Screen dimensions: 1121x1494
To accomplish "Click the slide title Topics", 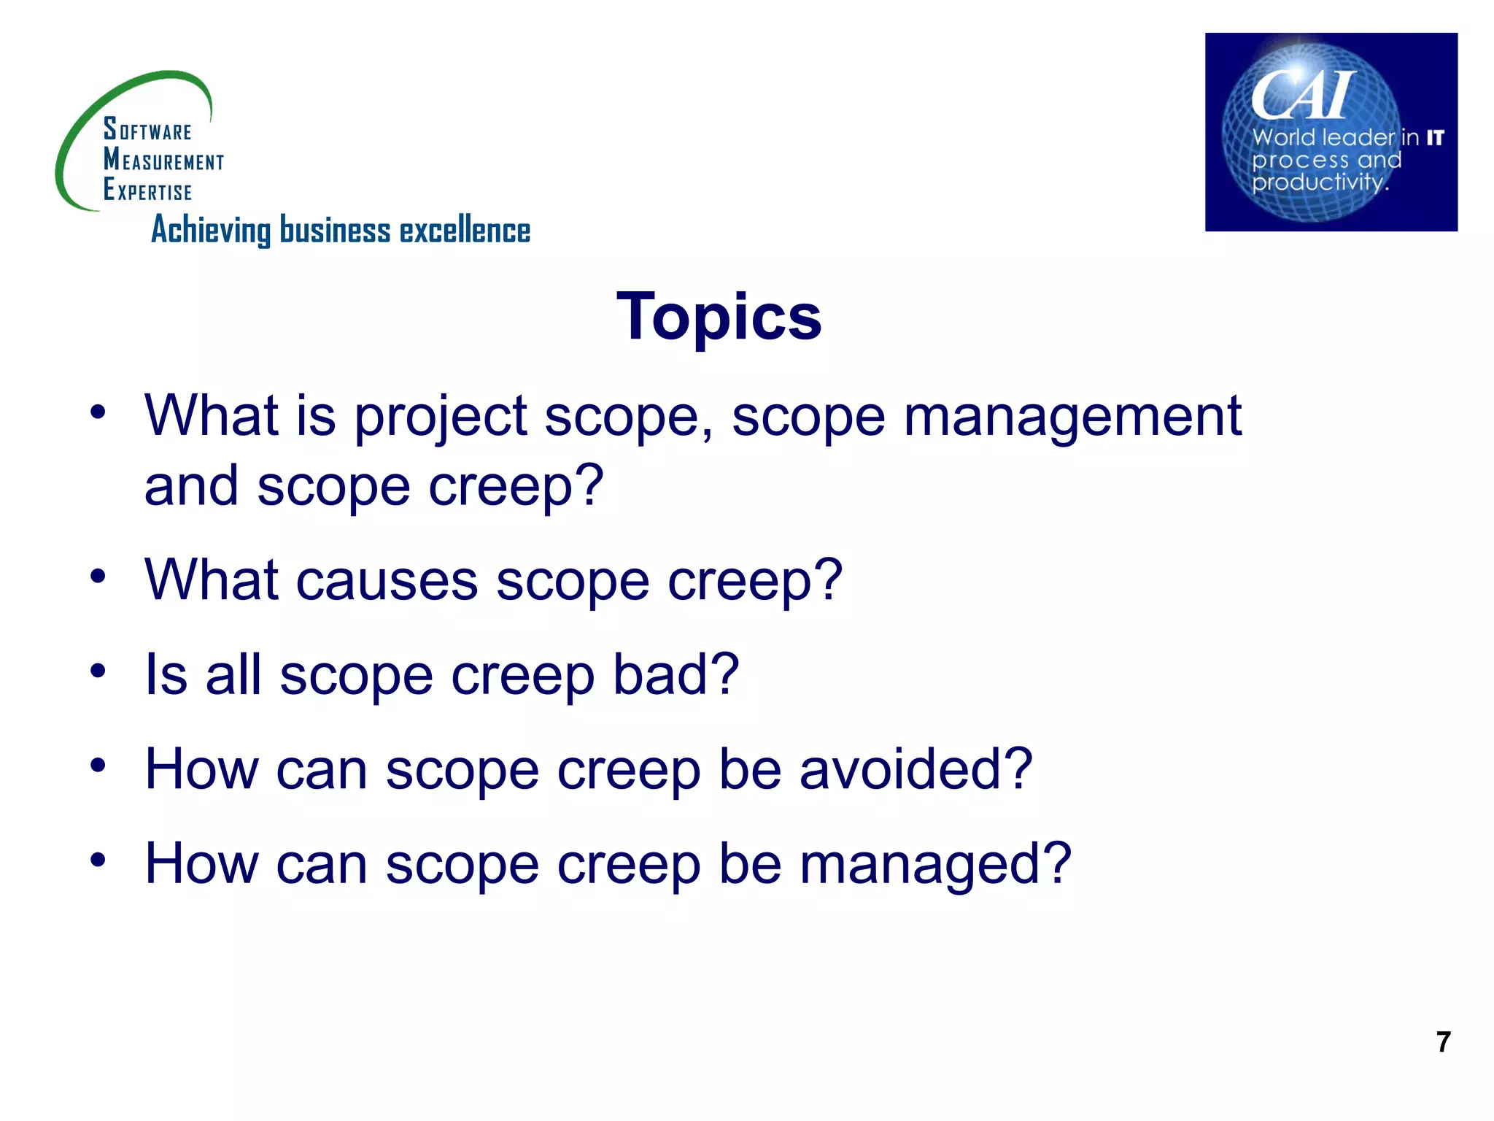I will click(x=719, y=317).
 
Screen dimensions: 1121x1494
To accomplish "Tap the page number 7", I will click(x=1443, y=1041).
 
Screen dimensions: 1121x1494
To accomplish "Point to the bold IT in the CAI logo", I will click(x=1435, y=138).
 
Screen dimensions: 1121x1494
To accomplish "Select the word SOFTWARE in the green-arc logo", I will click(x=147, y=130).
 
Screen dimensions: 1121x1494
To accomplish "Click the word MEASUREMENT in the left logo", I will click(x=163, y=160).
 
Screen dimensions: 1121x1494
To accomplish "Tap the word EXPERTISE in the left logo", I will click(x=147, y=190).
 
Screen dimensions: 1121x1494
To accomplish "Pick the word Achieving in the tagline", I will click(x=211, y=231).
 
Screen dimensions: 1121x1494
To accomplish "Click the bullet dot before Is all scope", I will click(x=98, y=670).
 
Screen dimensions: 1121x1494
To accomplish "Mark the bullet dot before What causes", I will click(x=98, y=577).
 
